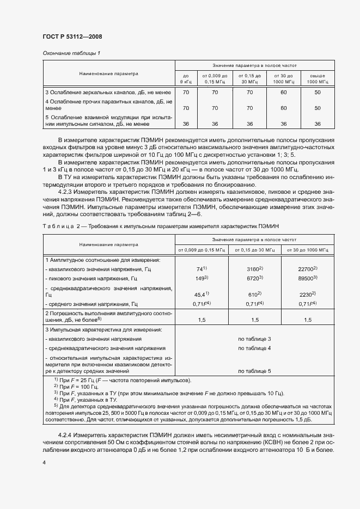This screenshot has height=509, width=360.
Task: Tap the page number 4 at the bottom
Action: (44, 462)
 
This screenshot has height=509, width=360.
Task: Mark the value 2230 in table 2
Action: (307, 293)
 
